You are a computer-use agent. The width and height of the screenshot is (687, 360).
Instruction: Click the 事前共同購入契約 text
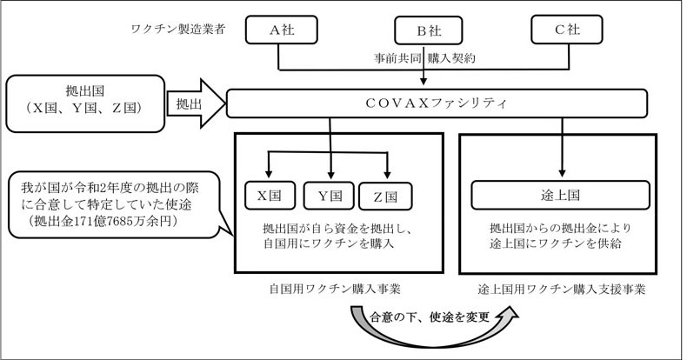click(x=424, y=57)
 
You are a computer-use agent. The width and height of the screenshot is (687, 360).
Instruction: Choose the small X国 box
click(x=270, y=196)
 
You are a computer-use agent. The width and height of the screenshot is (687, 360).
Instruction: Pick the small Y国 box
click(x=329, y=196)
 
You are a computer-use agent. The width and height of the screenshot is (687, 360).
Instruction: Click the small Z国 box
click(x=385, y=196)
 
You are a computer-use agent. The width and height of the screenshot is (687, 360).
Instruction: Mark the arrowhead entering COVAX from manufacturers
click(x=424, y=81)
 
